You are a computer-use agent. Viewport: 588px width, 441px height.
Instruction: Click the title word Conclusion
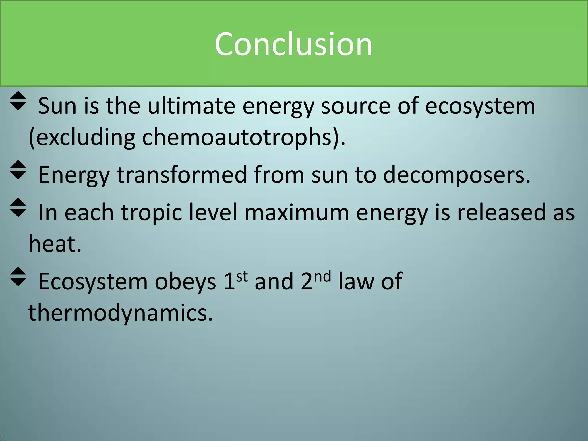click(293, 44)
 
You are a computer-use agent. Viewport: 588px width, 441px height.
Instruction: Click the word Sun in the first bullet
click(57, 106)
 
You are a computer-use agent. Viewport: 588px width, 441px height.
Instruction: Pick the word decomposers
click(457, 175)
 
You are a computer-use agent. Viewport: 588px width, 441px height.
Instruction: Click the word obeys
click(185, 282)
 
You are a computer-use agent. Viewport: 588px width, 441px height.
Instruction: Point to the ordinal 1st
click(235, 280)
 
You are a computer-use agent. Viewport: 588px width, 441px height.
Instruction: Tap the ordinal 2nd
click(316, 280)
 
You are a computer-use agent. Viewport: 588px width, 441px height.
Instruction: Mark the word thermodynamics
click(121, 313)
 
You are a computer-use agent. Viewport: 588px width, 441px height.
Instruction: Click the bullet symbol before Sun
click(18, 101)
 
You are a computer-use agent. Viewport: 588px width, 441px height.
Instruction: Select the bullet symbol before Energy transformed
click(18, 170)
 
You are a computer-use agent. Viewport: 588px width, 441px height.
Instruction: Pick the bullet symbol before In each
click(18, 208)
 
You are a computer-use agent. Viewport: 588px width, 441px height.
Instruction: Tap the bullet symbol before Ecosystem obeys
click(18, 277)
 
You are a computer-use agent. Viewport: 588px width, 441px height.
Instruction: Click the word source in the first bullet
click(355, 106)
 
